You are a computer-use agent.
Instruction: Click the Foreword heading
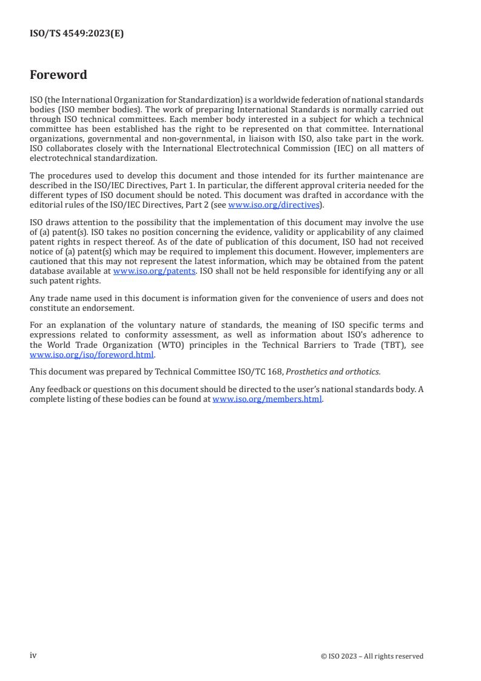click(58, 75)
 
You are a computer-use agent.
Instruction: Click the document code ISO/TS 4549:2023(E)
click(76, 34)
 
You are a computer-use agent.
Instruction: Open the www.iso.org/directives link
click(273, 205)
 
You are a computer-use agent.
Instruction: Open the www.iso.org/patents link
click(154, 271)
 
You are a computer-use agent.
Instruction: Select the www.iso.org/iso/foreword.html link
click(92, 355)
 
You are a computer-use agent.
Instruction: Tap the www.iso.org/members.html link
click(267, 399)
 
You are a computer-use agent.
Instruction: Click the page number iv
click(33, 655)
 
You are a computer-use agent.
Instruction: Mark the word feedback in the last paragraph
click(64, 389)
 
